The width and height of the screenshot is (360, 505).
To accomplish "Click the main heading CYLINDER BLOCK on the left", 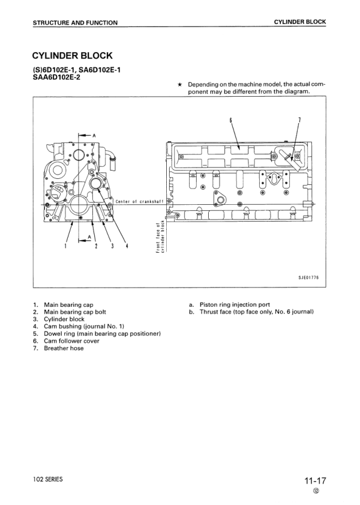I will pos(72,56).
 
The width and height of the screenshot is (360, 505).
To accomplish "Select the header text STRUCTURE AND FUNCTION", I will pos(75,23).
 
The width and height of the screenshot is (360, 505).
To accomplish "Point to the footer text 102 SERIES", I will pos(47,480).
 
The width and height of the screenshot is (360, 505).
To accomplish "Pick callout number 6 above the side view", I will pos(230,119).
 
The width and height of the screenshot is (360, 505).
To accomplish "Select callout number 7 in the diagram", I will pos(299,119).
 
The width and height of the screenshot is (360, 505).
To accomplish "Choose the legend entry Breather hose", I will pos(63,348).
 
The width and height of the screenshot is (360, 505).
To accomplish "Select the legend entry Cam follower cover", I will pos(71,341).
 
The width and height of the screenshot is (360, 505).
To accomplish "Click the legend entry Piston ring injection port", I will pos(230,305).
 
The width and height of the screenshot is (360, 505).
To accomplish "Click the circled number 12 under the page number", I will pos(316,491).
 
